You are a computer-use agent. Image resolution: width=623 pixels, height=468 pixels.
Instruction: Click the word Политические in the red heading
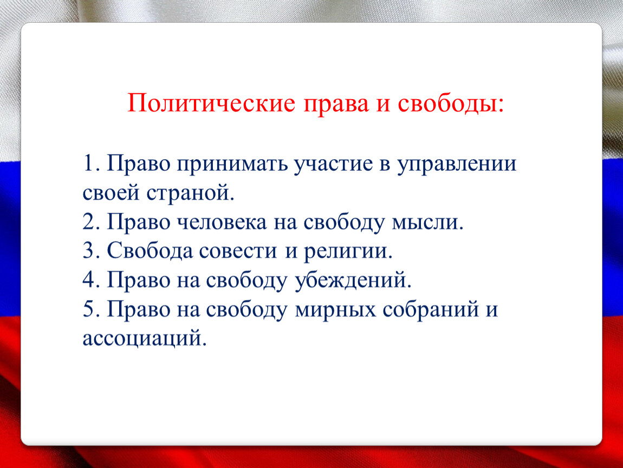211,103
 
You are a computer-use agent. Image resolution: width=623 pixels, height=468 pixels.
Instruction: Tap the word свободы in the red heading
451,104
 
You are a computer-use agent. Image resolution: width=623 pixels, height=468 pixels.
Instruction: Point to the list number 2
90,222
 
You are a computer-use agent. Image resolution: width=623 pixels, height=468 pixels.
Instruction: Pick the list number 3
90,250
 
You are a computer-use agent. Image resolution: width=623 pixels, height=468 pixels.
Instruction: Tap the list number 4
90,279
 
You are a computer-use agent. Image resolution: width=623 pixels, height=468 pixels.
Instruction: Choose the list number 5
90,309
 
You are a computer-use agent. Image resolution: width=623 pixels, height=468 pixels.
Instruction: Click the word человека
222,222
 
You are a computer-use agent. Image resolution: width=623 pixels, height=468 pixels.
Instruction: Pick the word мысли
427,222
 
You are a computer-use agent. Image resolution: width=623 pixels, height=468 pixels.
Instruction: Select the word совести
238,251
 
